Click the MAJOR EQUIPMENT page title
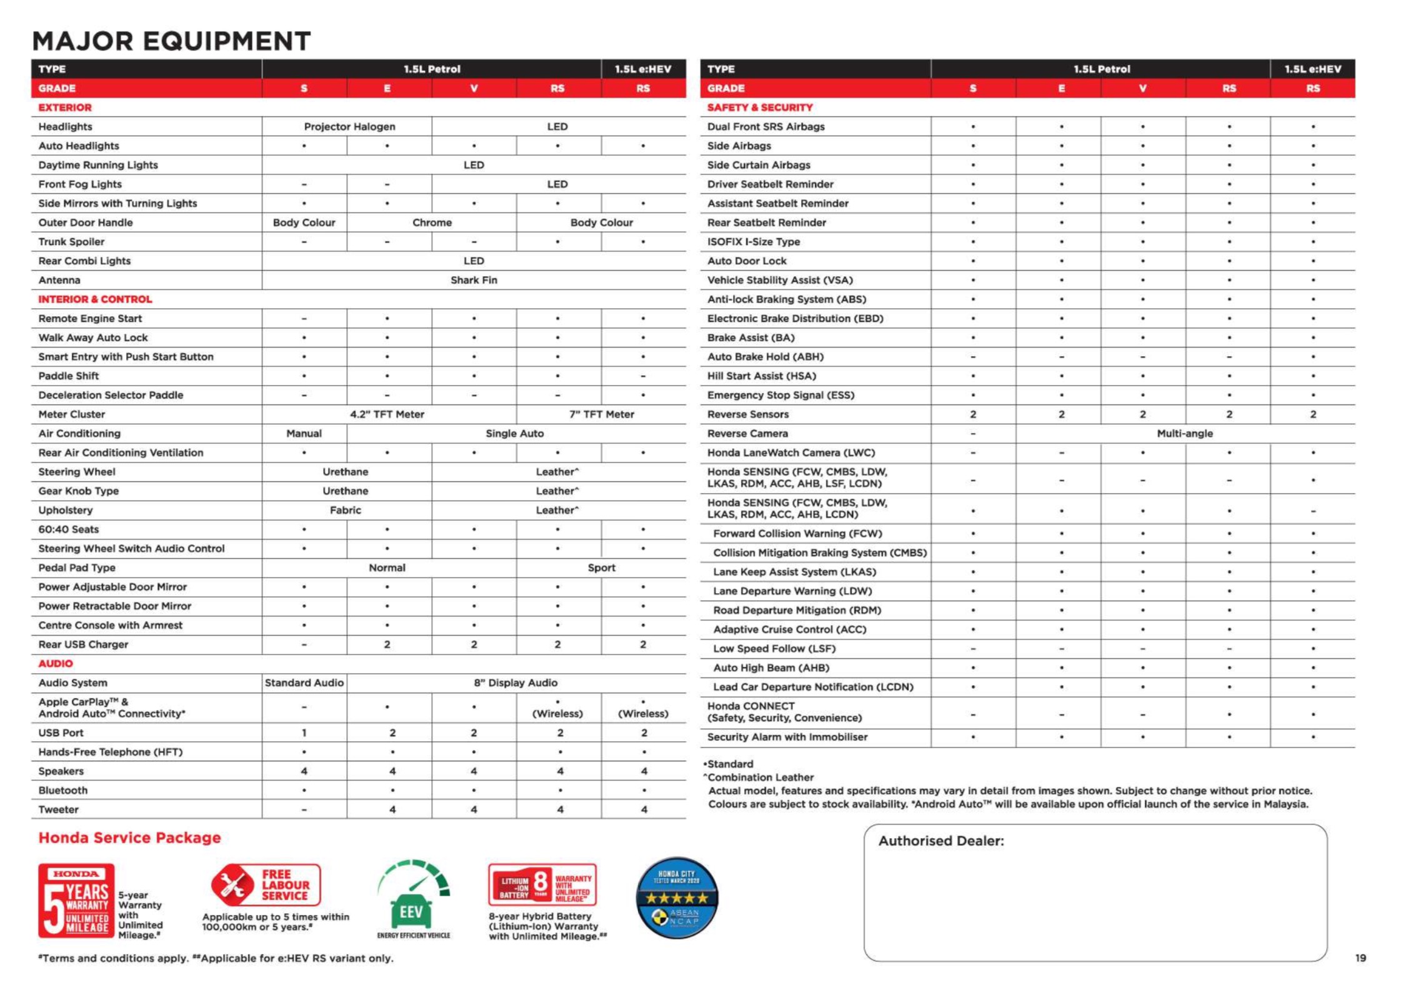[171, 41]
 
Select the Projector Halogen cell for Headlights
[349, 126]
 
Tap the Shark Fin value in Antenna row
[474, 280]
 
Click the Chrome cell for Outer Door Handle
[432, 222]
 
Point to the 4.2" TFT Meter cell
[387, 414]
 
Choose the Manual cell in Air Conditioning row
[304, 433]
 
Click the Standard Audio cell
[304, 682]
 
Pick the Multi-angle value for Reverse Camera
[1184, 433]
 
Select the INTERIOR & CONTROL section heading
[95, 299]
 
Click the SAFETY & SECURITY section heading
[759, 107]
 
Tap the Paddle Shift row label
[69, 376]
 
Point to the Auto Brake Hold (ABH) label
[765, 357]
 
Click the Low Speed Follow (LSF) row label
[774, 649]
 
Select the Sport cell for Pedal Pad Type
[601, 567]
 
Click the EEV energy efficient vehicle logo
[413, 900]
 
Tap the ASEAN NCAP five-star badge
[677, 897]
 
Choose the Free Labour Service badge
[266, 885]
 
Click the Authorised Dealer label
[940, 841]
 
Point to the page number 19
[1360, 957]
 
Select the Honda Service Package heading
[129, 837]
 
